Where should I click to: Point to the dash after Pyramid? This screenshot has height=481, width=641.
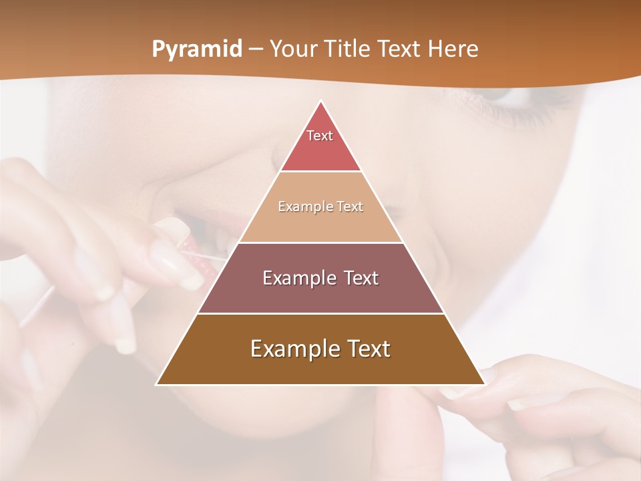(255, 49)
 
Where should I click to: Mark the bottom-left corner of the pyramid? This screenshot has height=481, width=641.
(157, 384)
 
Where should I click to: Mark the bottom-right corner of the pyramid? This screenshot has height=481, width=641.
(484, 384)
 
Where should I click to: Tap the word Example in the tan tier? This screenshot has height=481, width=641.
(299, 207)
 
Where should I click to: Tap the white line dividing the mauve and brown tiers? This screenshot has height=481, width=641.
(320, 313)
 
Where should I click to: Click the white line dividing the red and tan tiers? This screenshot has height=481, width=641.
(320, 171)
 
